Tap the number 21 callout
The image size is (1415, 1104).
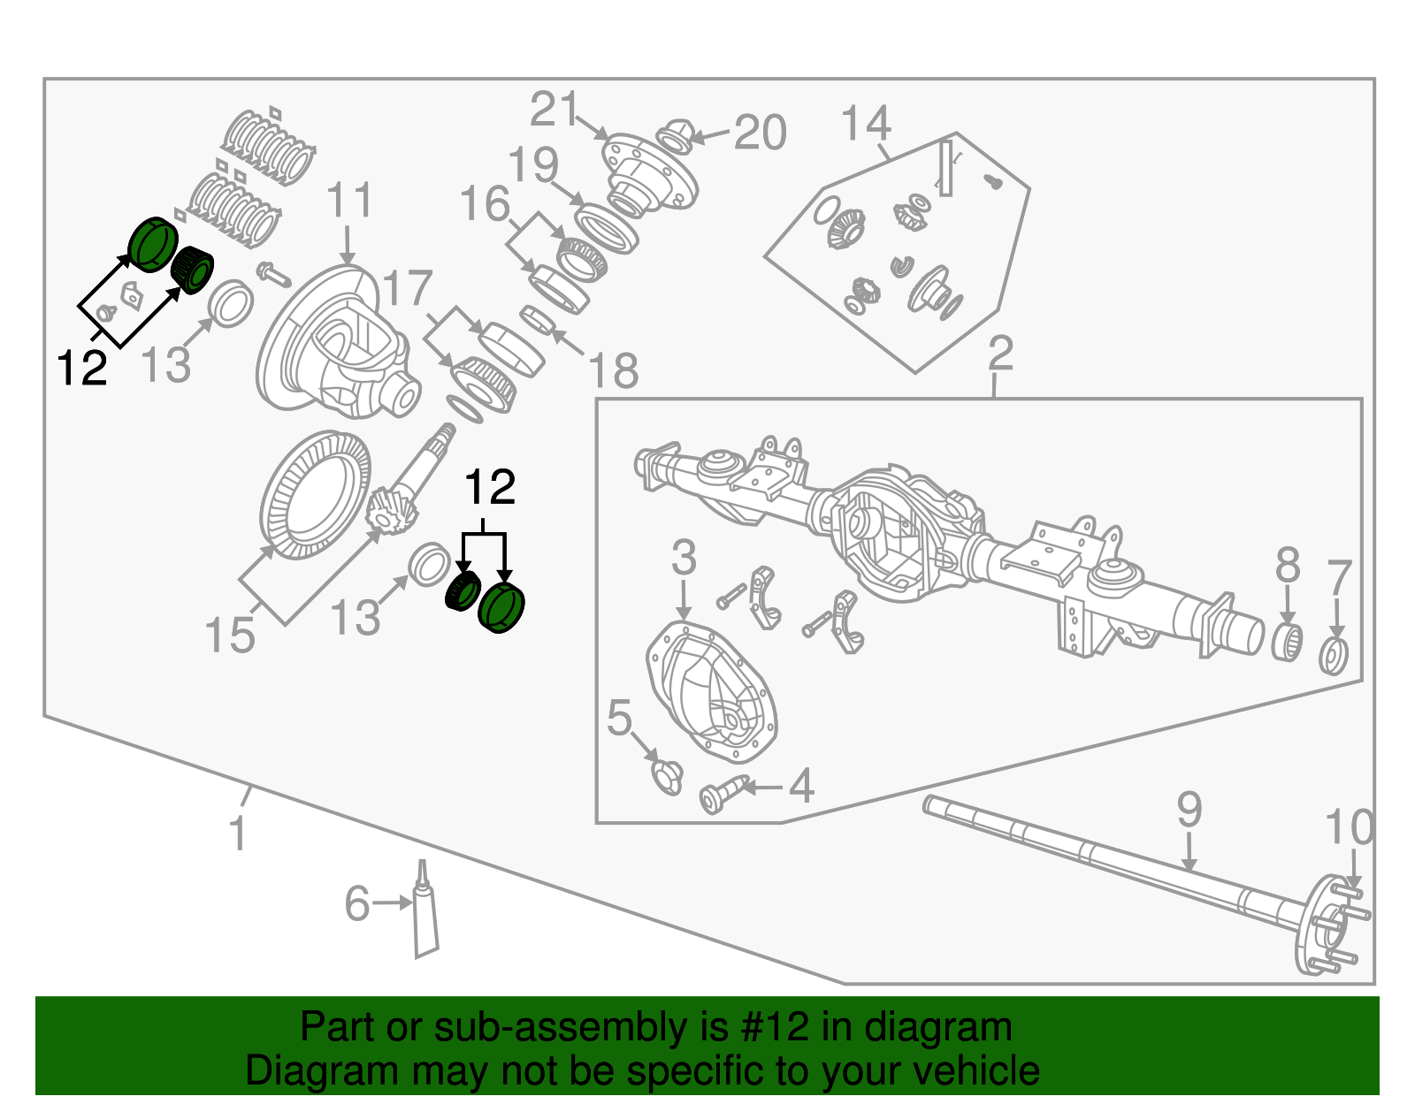(554, 111)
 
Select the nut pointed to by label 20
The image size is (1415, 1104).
(676, 136)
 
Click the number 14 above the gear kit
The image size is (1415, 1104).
(865, 124)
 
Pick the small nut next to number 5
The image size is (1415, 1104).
(667, 776)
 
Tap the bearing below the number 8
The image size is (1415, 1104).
(1287, 643)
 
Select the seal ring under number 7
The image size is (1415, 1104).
(1334, 656)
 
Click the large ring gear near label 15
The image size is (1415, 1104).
(315, 496)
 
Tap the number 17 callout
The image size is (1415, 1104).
(407, 289)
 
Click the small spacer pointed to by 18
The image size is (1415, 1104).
(536, 318)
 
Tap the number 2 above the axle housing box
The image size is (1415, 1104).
(999, 354)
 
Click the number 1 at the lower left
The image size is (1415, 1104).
(237, 834)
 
